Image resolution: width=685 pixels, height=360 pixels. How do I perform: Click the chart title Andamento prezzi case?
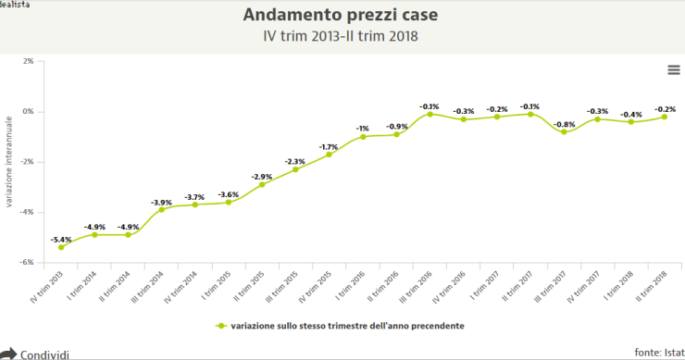[342, 16]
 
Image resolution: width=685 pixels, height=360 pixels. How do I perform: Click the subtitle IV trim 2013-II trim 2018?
[342, 36]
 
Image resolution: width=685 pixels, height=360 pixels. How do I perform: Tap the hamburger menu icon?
[673, 70]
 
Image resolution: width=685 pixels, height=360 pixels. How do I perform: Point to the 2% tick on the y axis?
[27, 61]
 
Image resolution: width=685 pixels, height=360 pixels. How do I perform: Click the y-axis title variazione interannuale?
[8, 161]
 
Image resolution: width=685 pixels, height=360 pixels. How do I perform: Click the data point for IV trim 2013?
[61, 247]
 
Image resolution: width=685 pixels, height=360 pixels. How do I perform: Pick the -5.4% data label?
[61, 239]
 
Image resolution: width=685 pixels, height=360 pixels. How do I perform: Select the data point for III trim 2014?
[161, 209]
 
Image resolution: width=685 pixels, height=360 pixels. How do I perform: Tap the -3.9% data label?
[161, 201]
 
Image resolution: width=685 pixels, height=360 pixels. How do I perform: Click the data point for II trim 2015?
[262, 184]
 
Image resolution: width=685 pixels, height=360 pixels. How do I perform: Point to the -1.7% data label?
[329, 146]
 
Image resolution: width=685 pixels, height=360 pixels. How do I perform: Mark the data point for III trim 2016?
[430, 114]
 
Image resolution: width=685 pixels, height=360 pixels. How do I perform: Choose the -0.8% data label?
[564, 124]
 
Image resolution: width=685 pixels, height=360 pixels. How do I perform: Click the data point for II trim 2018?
[665, 117]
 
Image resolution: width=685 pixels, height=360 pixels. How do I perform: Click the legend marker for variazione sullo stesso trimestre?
[221, 326]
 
